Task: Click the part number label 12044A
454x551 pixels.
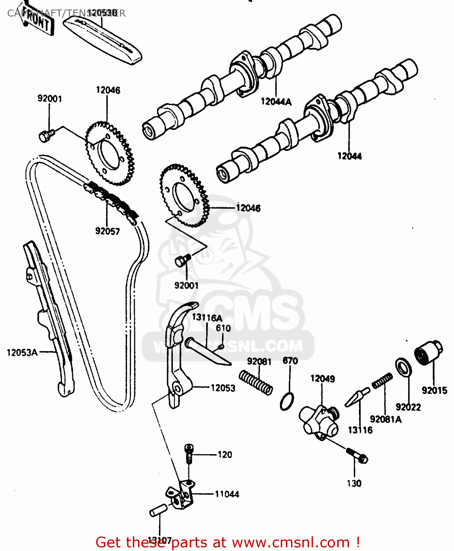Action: pos(276,102)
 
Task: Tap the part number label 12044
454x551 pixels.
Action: pos(349,156)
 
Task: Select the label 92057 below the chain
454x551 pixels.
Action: pos(108,231)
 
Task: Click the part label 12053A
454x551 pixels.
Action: pos(22,353)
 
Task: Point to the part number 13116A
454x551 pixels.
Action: pos(207,318)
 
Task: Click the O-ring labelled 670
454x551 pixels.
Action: pos(287,401)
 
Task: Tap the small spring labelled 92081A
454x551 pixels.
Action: pos(382,381)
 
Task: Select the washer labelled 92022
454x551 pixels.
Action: pos(403,367)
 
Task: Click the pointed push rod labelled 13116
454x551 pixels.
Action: pos(356,397)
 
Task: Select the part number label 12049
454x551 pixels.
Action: pos(322,379)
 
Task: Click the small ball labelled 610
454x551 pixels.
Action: pos(221,346)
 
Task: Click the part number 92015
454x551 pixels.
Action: pos(434,390)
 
